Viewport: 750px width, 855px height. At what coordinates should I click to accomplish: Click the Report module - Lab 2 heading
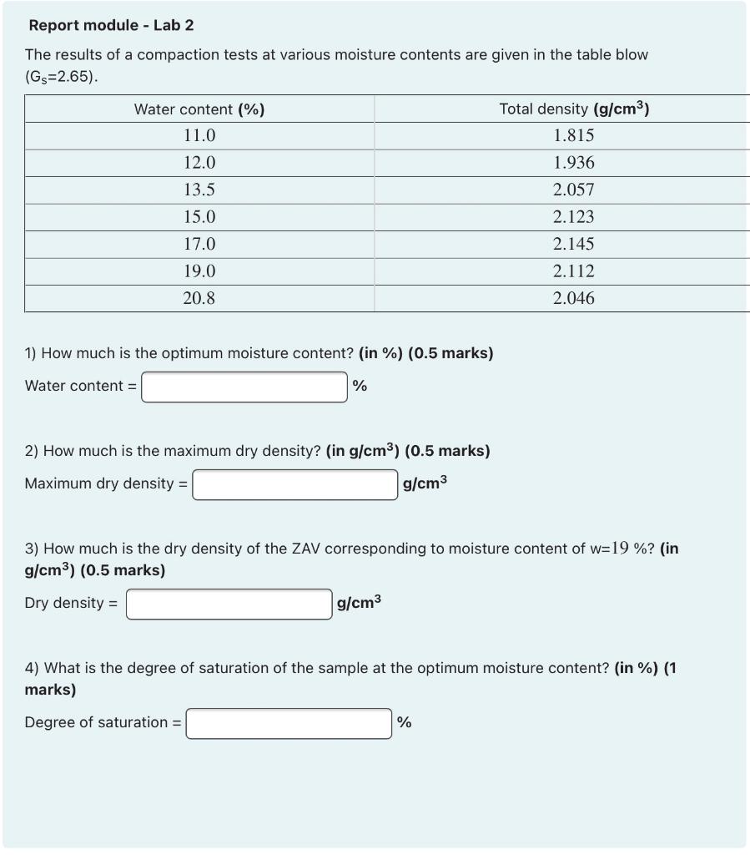(111, 25)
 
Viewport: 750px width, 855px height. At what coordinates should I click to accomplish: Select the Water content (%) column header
(199, 109)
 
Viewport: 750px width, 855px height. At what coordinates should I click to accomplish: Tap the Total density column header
(574, 109)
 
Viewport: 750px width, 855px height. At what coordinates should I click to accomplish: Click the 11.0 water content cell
(199, 136)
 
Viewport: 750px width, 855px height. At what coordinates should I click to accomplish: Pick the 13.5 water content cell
(199, 190)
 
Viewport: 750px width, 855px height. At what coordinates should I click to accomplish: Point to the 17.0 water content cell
(199, 245)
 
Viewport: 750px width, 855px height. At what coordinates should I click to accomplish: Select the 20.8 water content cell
(199, 298)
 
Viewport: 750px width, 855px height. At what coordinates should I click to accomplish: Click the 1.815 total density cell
(574, 136)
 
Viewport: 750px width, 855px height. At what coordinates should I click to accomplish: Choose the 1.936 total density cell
(574, 163)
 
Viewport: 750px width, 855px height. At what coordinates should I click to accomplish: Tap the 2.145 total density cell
(574, 245)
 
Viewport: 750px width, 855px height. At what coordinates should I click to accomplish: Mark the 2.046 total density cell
(574, 298)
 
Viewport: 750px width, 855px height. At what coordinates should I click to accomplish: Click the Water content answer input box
(244, 387)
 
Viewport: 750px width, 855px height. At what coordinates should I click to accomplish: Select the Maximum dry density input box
(294, 484)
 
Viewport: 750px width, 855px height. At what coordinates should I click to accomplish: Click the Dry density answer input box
(229, 604)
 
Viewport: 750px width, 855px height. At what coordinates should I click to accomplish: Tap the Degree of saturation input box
(289, 723)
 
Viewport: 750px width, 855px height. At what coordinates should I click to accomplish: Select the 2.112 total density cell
(574, 271)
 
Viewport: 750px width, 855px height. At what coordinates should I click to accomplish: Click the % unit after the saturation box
(404, 722)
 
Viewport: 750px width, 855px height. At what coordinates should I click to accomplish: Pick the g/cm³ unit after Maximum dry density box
(425, 483)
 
